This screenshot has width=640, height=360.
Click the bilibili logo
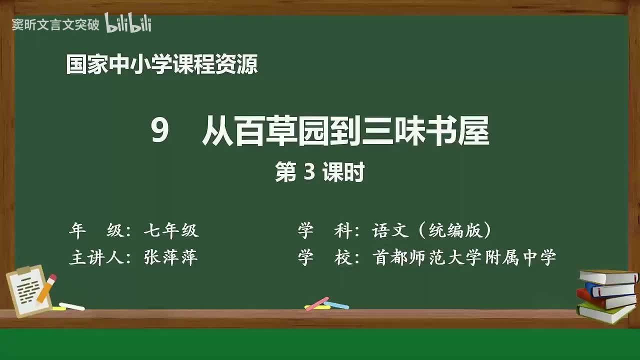click(128, 23)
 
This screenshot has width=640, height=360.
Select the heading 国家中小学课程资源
click(162, 65)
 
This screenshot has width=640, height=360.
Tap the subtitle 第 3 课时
click(319, 173)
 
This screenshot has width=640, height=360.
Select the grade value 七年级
click(171, 230)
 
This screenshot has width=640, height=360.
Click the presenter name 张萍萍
click(171, 257)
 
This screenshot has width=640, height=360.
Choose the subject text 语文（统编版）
click(431, 230)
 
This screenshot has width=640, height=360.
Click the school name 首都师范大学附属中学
click(464, 257)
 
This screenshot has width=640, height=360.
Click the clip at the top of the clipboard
click(23, 270)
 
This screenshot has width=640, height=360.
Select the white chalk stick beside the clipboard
click(72, 306)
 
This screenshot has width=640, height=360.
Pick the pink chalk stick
click(317, 303)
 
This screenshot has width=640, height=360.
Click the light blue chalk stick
click(336, 304)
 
